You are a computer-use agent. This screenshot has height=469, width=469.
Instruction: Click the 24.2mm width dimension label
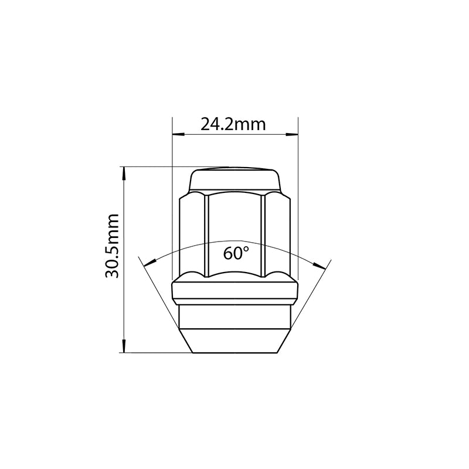[233, 124]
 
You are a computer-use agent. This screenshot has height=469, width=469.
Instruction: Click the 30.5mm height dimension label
[113, 246]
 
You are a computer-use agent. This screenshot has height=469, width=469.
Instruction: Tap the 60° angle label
[236, 253]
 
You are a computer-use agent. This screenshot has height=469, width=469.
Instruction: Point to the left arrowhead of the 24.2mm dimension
[179, 135]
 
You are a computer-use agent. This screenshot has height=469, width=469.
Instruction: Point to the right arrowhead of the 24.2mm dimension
[292, 135]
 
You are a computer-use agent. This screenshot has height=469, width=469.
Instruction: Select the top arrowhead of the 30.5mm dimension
[123, 173]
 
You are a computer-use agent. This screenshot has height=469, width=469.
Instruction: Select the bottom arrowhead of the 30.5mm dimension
[123, 346]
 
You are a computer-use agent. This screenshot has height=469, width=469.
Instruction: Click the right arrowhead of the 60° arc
[320, 265]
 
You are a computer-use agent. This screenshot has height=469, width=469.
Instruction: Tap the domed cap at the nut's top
[235, 180]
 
